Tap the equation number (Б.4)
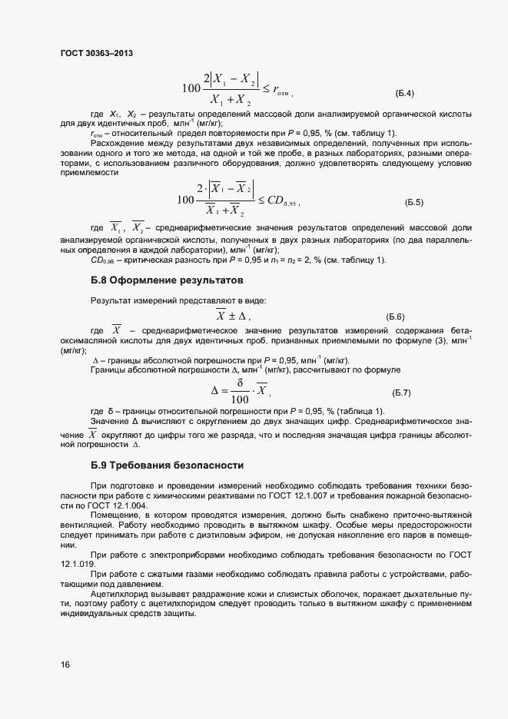pyautogui.click(x=405, y=94)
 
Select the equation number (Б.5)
pyautogui.click(x=414, y=202)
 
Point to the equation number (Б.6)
pyautogui.click(x=395, y=316)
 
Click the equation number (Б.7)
pyautogui.click(x=402, y=393)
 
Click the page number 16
pyautogui.click(x=65, y=664)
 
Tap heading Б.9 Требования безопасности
pyautogui.click(x=167, y=465)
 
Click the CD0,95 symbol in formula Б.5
pyautogui.click(x=281, y=202)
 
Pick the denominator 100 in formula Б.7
pyautogui.click(x=239, y=399)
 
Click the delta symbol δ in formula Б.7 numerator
pyautogui.click(x=240, y=383)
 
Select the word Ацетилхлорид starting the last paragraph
pyautogui.click(x=117, y=595)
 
